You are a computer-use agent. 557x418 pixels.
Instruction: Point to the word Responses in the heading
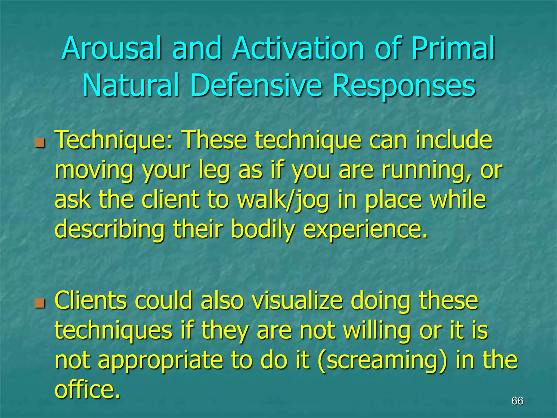coord(404,86)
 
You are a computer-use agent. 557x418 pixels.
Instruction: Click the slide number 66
coord(517,401)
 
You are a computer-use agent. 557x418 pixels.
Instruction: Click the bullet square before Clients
coord(40,303)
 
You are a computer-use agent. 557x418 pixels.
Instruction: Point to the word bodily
coord(263,230)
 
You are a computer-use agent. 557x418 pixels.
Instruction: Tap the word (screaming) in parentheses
coord(382,361)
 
